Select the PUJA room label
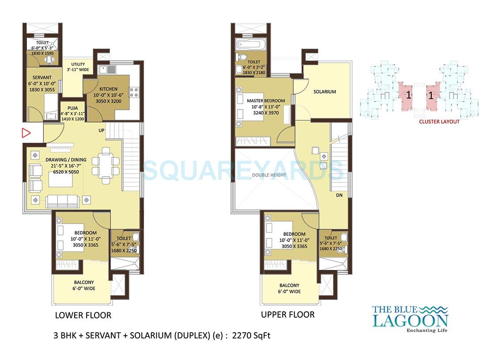tap(72, 108)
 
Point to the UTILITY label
tap(78, 64)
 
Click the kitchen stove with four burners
tap(133, 92)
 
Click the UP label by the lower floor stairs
tap(102, 130)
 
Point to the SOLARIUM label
tap(325, 92)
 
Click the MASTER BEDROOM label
tap(266, 101)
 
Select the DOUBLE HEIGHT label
tap(269, 175)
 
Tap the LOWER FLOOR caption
tap(83, 315)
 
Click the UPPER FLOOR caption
tap(288, 315)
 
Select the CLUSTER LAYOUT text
tap(439, 121)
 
